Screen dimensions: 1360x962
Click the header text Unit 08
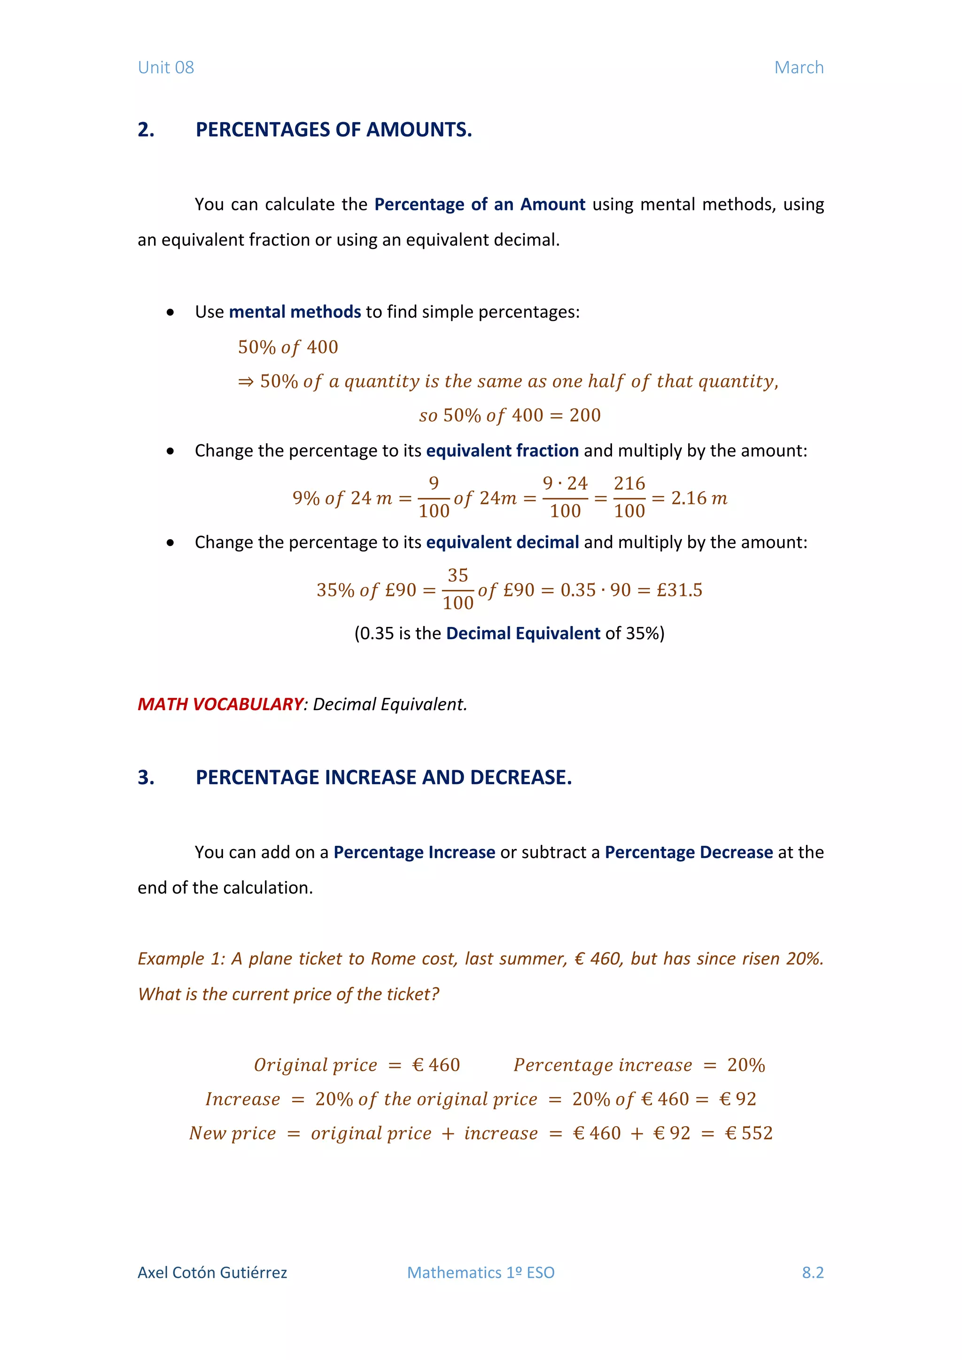166,68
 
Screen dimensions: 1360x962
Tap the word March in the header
799,68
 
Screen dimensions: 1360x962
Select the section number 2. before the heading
146,130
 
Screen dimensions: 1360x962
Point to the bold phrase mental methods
295,311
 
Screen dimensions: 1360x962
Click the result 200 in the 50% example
585,415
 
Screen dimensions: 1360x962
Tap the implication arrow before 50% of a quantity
246,381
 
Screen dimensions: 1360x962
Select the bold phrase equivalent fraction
502,451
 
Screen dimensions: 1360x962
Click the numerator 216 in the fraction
629,483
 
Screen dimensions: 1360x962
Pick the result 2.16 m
699,498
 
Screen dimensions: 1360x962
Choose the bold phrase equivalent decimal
502,542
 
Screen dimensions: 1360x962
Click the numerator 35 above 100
458,575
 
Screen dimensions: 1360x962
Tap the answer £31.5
679,590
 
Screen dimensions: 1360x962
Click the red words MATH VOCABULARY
220,704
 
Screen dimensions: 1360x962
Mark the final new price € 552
749,1133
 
